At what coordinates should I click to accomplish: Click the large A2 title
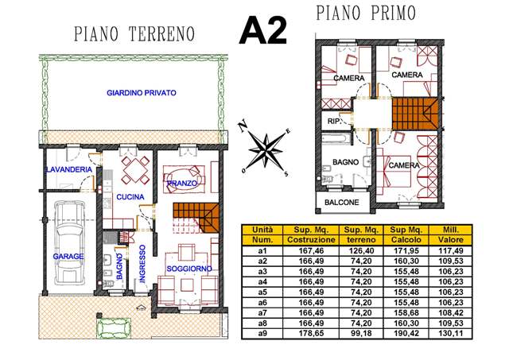(263, 31)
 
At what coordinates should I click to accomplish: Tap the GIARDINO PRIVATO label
(142, 93)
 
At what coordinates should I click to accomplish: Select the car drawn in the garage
(71, 242)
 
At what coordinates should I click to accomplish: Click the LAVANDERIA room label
(69, 169)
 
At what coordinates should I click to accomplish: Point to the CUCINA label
(130, 197)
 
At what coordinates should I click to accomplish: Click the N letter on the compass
(242, 126)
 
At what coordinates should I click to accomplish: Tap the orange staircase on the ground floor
(196, 218)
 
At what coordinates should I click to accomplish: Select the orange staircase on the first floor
(415, 114)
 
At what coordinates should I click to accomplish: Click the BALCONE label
(342, 203)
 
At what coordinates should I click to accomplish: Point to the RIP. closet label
(334, 122)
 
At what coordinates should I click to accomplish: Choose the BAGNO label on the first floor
(346, 162)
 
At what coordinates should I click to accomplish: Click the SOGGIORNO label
(189, 269)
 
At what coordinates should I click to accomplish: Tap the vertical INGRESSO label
(142, 264)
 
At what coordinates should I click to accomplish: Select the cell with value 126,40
(361, 250)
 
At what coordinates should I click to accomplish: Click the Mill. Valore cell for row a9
(451, 334)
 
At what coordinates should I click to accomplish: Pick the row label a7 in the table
(262, 312)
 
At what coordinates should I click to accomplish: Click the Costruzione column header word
(311, 240)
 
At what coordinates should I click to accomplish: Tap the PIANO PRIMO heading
(366, 13)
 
